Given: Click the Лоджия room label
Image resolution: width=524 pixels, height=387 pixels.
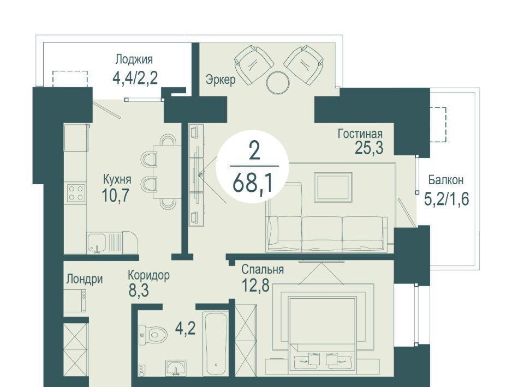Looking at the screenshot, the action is [x=134, y=59].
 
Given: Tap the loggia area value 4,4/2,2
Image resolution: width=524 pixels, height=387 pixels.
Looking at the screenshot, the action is [x=135, y=78].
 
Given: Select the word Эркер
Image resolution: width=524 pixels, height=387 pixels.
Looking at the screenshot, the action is [x=221, y=80].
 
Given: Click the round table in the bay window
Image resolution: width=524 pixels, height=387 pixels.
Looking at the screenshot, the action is [x=278, y=83].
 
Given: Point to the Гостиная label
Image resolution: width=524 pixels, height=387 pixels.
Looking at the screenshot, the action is [x=360, y=134].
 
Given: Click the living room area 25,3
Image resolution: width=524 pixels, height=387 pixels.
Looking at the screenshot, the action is [x=368, y=148].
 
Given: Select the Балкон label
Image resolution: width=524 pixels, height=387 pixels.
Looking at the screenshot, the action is [x=446, y=180].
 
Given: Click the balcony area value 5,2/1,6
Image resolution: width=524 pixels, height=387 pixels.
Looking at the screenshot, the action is [x=446, y=199].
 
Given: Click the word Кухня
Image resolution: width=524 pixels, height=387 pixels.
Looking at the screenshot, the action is [x=117, y=179].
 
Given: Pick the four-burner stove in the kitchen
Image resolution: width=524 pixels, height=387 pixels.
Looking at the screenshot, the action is [x=75, y=193].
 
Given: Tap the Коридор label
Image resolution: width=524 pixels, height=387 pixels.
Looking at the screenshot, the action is [x=148, y=275].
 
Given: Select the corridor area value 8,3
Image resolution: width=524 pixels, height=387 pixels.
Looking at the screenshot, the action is [x=138, y=291].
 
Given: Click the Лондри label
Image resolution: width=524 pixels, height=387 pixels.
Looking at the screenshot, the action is [x=84, y=279].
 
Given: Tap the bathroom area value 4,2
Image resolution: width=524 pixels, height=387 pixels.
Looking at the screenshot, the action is [x=185, y=329].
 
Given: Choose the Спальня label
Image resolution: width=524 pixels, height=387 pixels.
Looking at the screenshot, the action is [x=263, y=269].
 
